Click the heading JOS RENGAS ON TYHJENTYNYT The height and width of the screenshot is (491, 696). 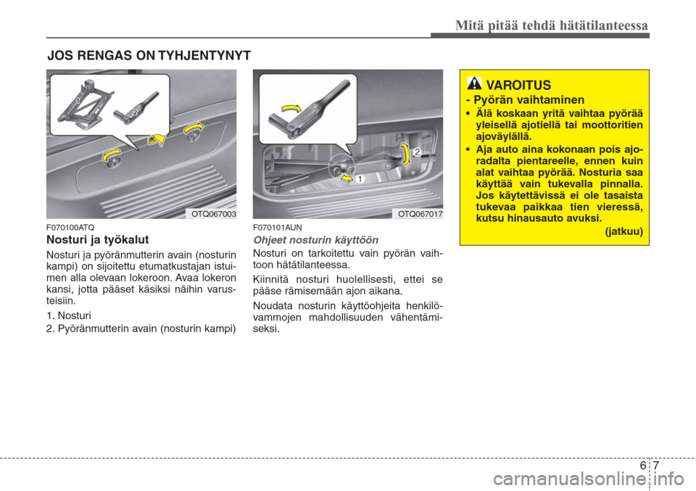149,55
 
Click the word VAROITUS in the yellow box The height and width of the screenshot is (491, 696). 518,86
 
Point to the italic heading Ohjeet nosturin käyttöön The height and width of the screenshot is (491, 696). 315,239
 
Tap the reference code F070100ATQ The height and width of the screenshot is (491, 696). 70,227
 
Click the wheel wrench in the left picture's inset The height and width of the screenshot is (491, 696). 141,105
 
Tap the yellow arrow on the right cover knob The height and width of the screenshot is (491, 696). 194,129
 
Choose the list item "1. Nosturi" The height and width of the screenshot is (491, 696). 70,317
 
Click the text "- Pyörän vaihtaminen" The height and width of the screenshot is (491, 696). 525,100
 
